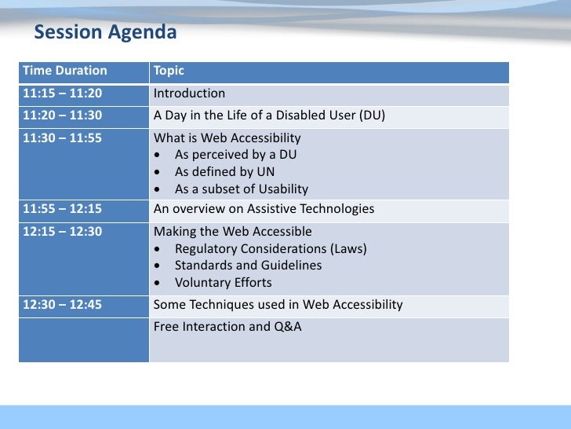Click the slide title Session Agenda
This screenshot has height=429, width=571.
[x=105, y=33]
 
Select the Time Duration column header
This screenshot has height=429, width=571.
[x=64, y=71]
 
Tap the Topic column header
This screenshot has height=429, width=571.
[x=169, y=71]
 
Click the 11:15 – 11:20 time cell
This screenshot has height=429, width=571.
[x=62, y=93]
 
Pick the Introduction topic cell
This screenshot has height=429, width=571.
[x=189, y=93]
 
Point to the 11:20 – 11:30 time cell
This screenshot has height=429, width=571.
[x=62, y=116]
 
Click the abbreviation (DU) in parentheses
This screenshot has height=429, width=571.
[x=372, y=116]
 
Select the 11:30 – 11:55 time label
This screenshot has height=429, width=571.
[x=62, y=138]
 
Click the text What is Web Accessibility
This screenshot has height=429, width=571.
[x=227, y=138]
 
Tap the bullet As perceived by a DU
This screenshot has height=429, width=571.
[x=235, y=155]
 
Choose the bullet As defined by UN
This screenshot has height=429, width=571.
[x=224, y=172]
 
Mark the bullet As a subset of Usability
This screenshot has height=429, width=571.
[x=241, y=189]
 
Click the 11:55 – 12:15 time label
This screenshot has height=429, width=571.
[x=62, y=209]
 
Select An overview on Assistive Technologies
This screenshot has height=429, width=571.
[x=264, y=209]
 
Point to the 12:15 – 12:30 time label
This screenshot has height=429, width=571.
[x=62, y=232]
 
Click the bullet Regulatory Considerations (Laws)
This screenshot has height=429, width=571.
[x=271, y=249]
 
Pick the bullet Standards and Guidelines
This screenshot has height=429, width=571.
[x=248, y=266]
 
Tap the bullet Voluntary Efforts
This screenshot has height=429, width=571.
[x=223, y=283]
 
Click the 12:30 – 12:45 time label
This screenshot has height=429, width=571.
[x=62, y=305]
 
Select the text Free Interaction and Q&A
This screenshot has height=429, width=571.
[x=227, y=326]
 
